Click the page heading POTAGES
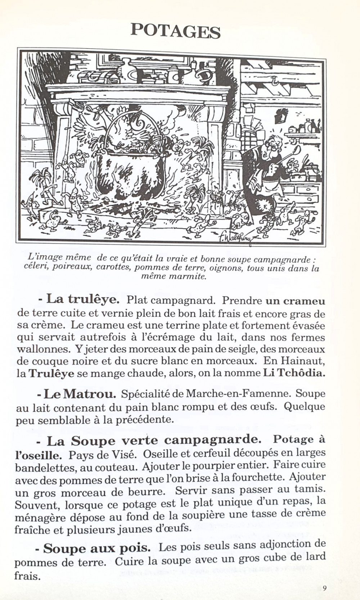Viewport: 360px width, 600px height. [x=175, y=31]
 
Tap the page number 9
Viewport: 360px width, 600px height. [x=324, y=588]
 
